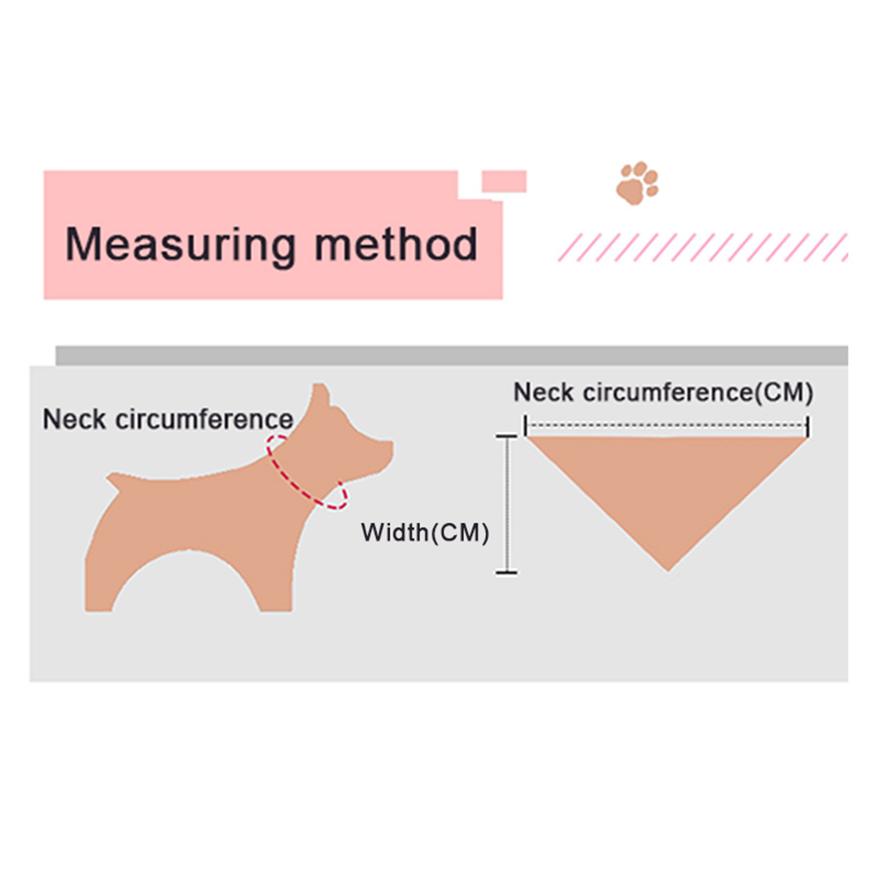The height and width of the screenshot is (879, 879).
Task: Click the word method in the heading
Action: (x=396, y=244)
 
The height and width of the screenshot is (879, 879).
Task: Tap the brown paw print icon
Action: (x=637, y=183)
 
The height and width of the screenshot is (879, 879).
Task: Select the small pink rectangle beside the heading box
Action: (x=504, y=181)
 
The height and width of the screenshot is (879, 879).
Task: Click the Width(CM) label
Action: (x=425, y=533)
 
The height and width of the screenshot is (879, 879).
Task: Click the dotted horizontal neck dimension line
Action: (x=666, y=425)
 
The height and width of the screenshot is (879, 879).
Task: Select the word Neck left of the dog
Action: (x=74, y=420)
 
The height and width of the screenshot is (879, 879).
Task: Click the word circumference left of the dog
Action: (x=204, y=420)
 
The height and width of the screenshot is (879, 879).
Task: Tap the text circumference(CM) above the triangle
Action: (x=698, y=393)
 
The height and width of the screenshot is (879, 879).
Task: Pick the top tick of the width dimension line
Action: (x=507, y=436)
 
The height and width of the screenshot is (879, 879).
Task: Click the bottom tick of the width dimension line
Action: (x=507, y=572)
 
